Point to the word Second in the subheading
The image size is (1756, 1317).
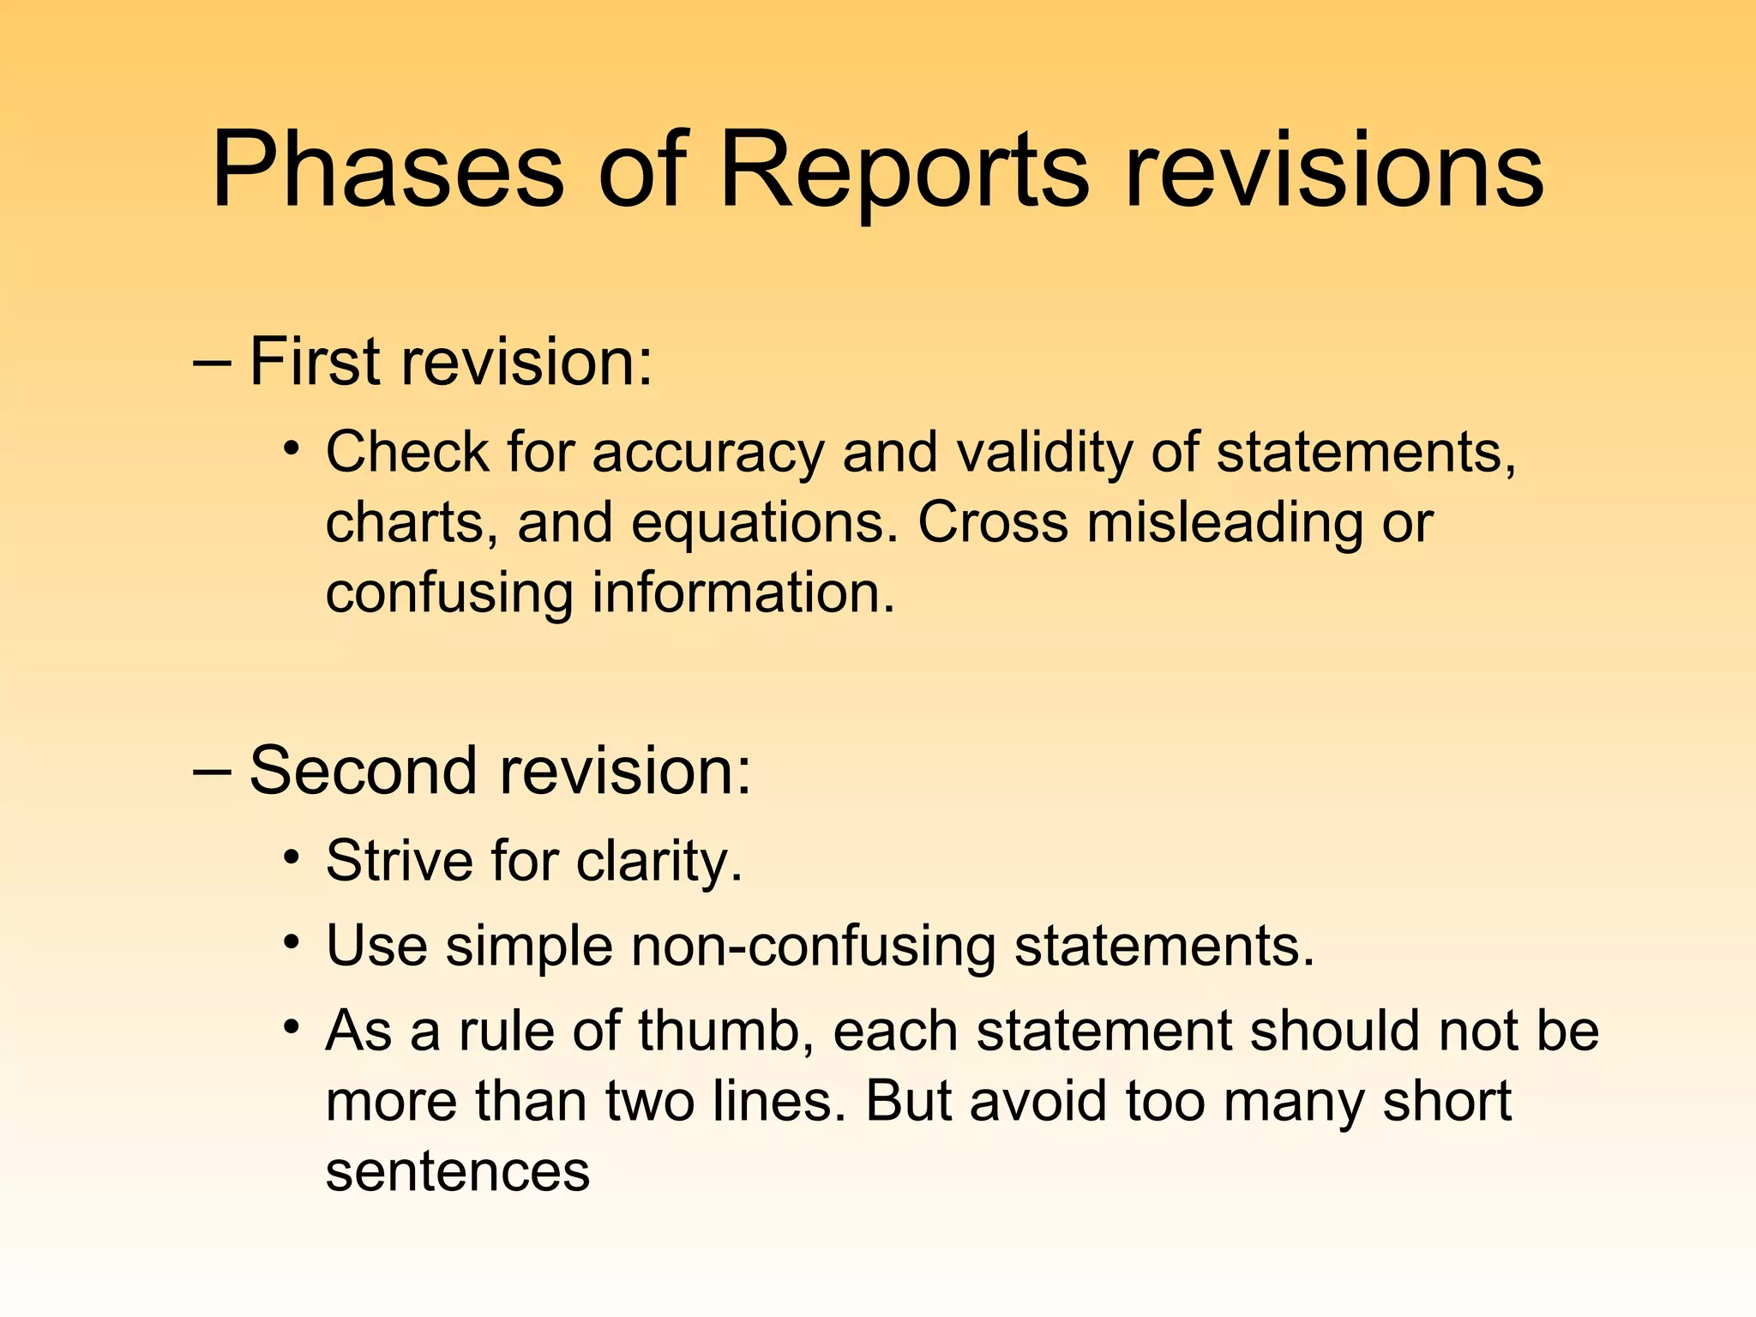click(363, 770)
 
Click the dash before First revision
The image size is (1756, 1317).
click(212, 363)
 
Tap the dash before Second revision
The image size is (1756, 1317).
click(212, 771)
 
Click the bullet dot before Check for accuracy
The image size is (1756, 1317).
click(292, 448)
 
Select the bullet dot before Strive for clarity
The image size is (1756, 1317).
click(292, 857)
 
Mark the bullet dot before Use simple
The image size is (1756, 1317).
click(292, 942)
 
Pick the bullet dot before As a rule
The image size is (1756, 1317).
click(292, 1026)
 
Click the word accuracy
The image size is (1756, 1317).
click(707, 454)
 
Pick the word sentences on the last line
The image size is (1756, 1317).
click(458, 1172)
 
